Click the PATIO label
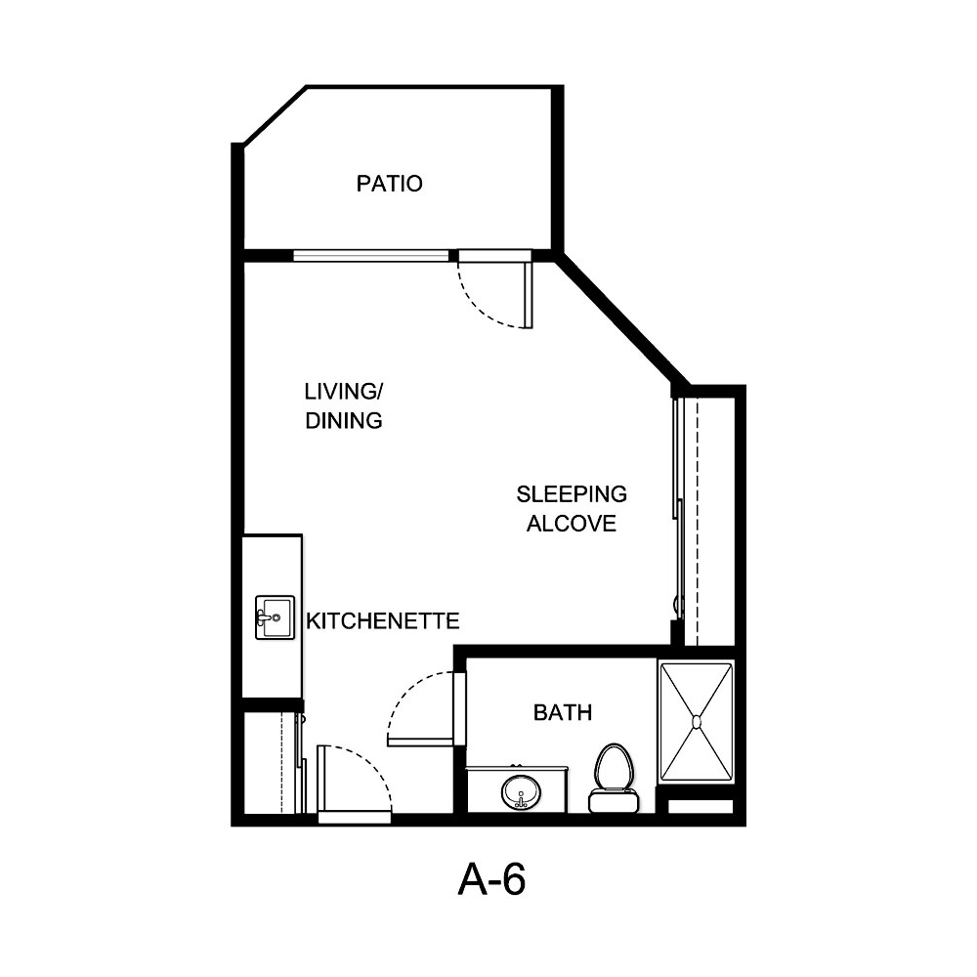(389, 184)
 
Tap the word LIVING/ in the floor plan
(344, 393)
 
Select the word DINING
(342, 421)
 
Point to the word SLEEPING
(572, 494)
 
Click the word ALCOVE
(572, 524)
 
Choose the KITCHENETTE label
(383, 620)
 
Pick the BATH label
(562, 713)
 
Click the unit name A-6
(491, 880)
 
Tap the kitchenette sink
(275, 617)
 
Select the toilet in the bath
(613, 777)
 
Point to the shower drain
(697, 722)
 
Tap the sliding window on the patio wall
(371, 256)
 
